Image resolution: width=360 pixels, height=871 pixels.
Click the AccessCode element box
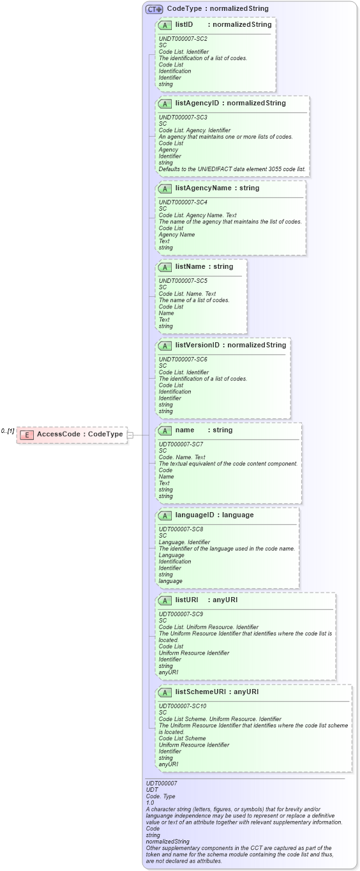71,434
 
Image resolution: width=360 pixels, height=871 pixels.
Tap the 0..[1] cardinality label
8,431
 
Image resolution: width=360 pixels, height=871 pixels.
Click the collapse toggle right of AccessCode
130,435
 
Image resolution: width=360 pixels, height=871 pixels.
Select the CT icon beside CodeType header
154,9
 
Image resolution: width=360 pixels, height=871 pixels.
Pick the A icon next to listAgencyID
165,103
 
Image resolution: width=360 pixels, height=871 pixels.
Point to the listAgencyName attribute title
217,188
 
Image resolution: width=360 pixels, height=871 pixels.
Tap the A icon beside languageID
165,515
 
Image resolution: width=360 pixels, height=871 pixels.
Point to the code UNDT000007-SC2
183,39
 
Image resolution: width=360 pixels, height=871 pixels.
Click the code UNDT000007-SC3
183,117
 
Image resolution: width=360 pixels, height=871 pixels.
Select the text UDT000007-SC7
181,444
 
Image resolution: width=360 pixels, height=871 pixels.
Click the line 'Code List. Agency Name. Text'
197,215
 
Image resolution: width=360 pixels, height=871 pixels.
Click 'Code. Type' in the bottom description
161,796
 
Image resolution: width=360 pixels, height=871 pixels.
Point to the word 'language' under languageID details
170,581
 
